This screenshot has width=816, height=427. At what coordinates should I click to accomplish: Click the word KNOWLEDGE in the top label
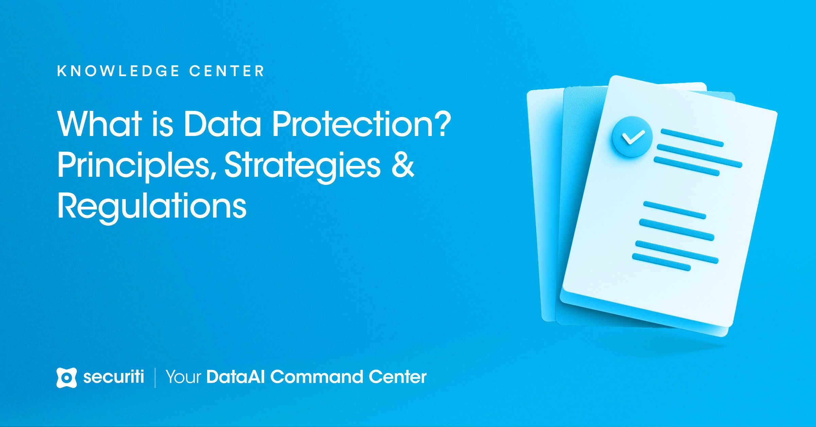tap(118, 71)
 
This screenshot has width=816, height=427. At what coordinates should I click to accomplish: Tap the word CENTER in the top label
tap(227, 71)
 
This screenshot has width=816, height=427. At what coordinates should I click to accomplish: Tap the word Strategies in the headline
tap(302, 166)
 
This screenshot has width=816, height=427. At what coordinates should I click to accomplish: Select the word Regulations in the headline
tap(152, 207)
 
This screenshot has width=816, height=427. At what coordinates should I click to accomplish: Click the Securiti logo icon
tap(66, 377)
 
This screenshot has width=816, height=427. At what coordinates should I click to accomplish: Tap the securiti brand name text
tap(114, 377)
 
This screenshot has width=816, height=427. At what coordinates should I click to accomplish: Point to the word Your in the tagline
tap(183, 377)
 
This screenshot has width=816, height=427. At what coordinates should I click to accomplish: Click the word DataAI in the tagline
tap(235, 377)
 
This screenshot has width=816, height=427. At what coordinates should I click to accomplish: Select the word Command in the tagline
tap(317, 377)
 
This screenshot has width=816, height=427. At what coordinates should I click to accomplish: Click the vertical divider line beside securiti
tap(155, 377)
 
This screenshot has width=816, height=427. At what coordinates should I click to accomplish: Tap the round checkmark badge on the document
tap(632, 137)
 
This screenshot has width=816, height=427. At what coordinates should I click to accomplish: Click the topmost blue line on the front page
tap(692, 138)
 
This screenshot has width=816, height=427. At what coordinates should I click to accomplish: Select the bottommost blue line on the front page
tap(661, 262)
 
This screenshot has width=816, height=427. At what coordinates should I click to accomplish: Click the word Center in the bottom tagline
tap(397, 377)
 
